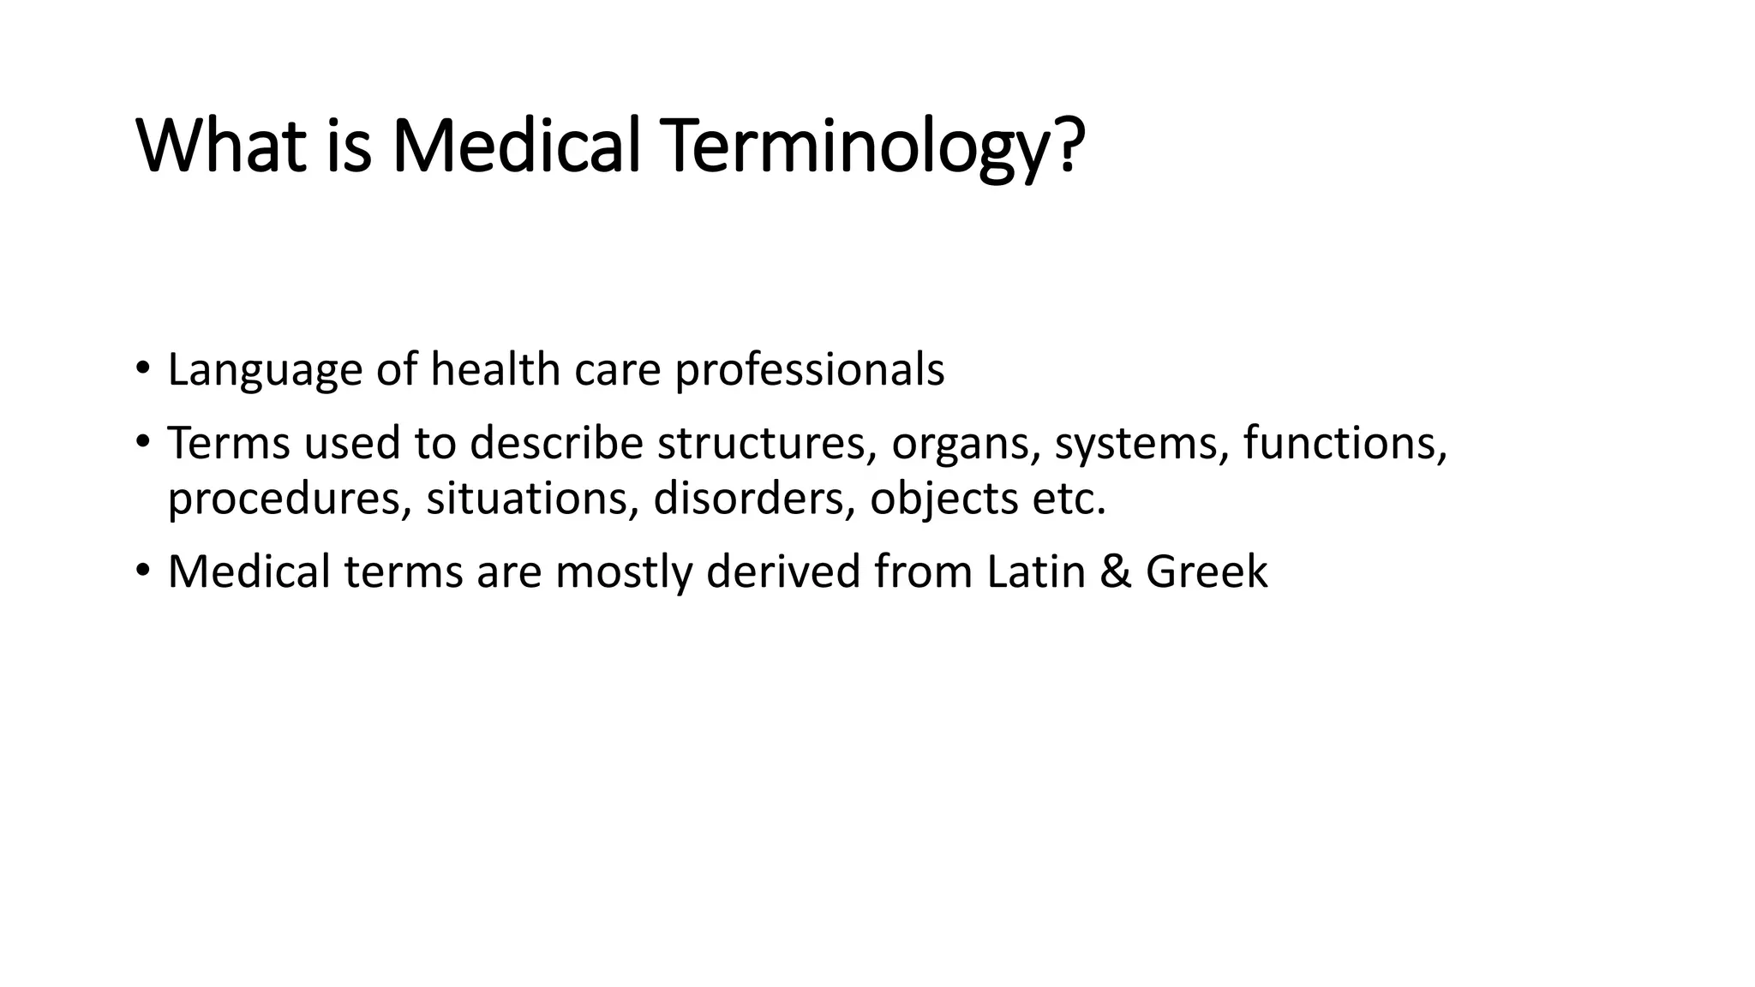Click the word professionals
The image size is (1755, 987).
(809, 370)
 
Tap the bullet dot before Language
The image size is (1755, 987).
(142, 369)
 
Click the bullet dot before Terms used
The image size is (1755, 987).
(142, 442)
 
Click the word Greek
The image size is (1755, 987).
(1206, 571)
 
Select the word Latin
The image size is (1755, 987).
(1035, 571)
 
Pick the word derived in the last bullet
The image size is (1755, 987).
(782, 571)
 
